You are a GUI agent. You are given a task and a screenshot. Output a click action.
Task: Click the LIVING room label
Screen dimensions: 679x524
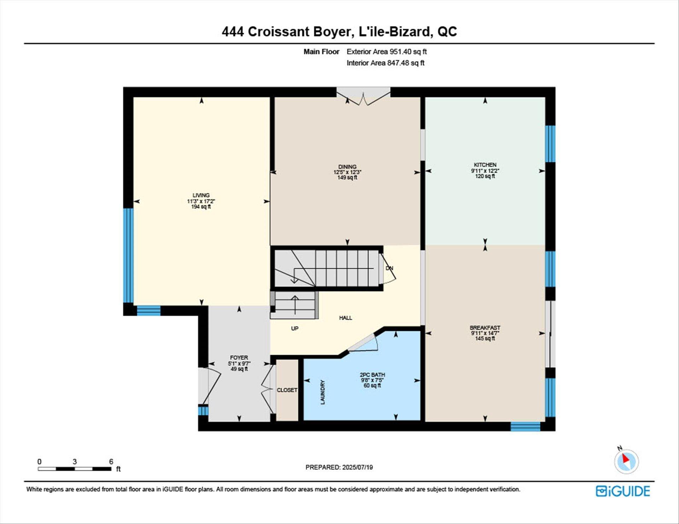[x=201, y=195]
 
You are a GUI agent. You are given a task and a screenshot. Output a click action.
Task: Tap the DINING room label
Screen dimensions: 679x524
[x=347, y=167]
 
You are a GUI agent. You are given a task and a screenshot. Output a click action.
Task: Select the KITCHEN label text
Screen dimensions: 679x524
[x=485, y=165]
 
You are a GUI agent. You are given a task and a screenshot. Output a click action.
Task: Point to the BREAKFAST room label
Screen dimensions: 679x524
[x=485, y=328]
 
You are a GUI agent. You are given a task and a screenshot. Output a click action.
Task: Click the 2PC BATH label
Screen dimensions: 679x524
[x=372, y=375]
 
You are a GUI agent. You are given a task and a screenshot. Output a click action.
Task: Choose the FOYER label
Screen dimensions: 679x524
[x=239, y=358]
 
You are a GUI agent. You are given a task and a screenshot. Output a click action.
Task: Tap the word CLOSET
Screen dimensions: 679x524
[x=287, y=390]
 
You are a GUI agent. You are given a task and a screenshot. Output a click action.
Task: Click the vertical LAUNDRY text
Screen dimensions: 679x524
[x=323, y=392]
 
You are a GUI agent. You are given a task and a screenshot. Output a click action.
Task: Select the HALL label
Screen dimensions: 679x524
[x=346, y=318]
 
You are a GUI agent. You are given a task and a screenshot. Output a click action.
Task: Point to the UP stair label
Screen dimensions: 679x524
[x=295, y=328]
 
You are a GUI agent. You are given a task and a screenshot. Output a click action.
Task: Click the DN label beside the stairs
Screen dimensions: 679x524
[x=389, y=268]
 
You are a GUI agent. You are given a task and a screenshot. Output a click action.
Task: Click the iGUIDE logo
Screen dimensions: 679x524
[x=623, y=491]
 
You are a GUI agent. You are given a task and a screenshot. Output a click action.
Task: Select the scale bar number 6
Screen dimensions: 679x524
[x=111, y=461]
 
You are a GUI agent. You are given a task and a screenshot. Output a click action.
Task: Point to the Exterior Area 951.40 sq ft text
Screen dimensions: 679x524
[x=387, y=52]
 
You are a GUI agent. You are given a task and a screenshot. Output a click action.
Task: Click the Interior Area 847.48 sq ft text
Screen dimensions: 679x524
[x=385, y=63]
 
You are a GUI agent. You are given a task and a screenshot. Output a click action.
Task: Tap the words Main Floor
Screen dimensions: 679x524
[x=321, y=52]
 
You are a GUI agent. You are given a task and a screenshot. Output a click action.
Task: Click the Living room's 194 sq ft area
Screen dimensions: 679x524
[x=201, y=207]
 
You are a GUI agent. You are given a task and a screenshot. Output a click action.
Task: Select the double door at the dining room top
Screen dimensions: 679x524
[x=363, y=96]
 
